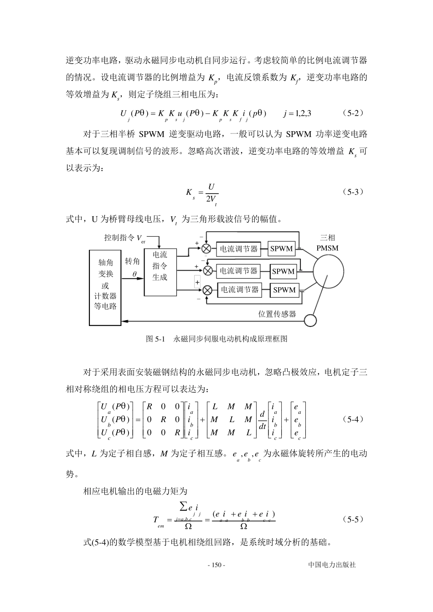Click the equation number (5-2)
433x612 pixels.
click(x=352, y=112)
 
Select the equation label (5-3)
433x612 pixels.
click(x=353, y=192)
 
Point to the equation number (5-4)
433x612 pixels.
click(x=353, y=419)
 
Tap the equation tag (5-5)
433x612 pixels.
click(x=353, y=519)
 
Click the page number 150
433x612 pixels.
click(x=216, y=565)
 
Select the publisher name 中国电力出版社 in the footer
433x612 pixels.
click(x=332, y=565)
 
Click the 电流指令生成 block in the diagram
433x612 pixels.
click(x=160, y=266)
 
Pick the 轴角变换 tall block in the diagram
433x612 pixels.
click(x=105, y=287)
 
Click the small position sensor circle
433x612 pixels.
click(x=310, y=320)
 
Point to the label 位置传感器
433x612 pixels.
click(x=277, y=314)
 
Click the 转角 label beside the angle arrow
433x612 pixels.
click(x=132, y=261)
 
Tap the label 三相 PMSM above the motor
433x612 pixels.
click(x=327, y=243)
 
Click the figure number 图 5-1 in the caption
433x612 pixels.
click(x=155, y=339)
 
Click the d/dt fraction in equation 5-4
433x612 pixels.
click(x=262, y=420)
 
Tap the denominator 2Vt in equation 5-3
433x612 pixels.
click(x=211, y=199)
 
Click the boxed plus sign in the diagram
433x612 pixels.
click(x=197, y=282)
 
